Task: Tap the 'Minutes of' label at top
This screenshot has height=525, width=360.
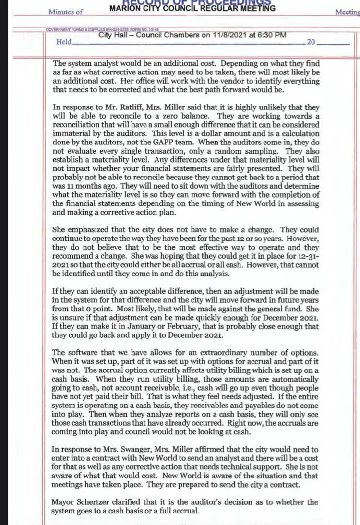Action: pyautogui.click(x=66, y=12)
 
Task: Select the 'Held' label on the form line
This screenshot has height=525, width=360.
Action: pyautogui.click(x=64, y=42)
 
